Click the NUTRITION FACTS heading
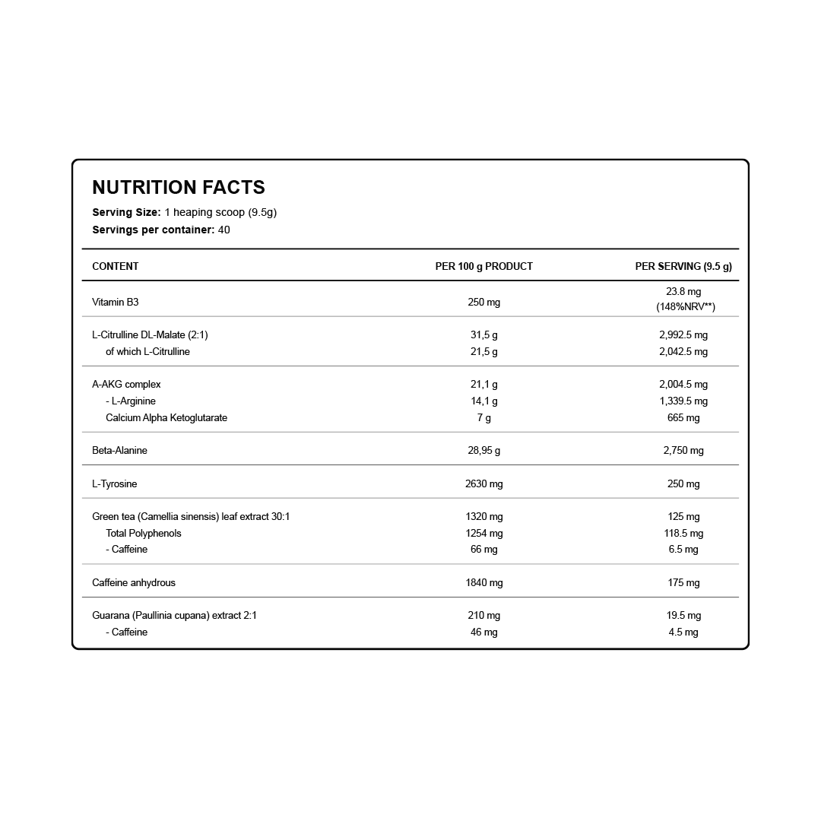pos(179,187)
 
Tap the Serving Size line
pos(184,212)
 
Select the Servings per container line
pos(160,230)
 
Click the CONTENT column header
pos(115,266)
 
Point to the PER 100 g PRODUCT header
pos(483,266)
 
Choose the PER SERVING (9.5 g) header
pos(683,266)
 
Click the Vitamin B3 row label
pos(115,302)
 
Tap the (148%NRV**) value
pos(685,307)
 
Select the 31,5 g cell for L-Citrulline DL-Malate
pos(483,334)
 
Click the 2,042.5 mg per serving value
pos(683,351)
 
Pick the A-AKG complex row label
pos(126,384)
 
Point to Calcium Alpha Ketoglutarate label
pos(166,417)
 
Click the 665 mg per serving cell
pos(683,417)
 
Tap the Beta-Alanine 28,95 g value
pos(483,450)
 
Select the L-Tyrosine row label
pos(114,483)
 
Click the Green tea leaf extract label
pos(191,516)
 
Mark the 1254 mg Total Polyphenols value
pos(483,533)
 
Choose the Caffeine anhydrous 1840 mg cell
pos(483,582)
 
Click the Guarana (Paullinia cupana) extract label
pos(174,615)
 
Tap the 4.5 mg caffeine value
pos(683,632)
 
